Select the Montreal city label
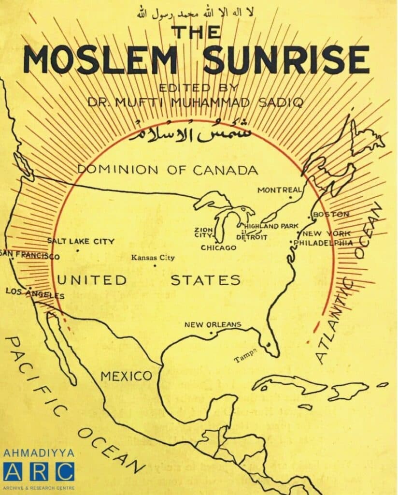[x=279, y=190]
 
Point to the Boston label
[x=331, y=214]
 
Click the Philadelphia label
[x=323, y=243]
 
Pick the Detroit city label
[x=252, y=237]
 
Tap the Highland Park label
[x=271, y=226]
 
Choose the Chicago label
[x=219, y=248]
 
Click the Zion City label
[x=203, y=233]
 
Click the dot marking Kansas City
[x=155, y=265]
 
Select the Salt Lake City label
[x=81, y=241]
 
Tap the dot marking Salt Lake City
[x=78, y=250]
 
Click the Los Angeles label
[x=35, y=293]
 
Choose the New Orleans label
[x=213, y=325]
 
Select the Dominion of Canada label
[x=168, y=170]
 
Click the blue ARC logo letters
[x=39, y=471]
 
